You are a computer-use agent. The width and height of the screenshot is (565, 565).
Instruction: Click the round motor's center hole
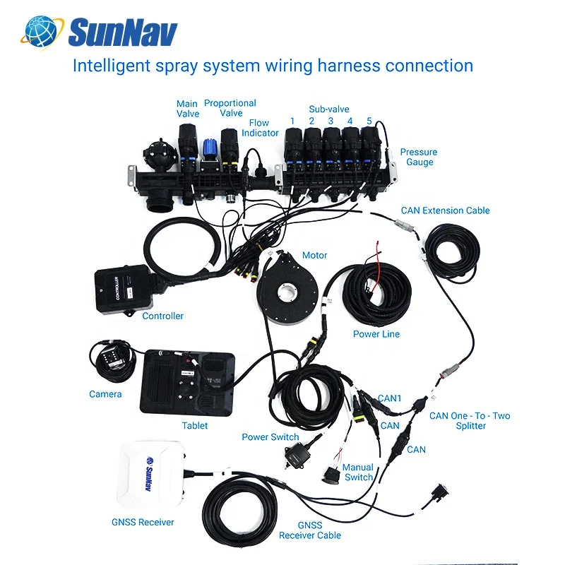(x=287, y=292)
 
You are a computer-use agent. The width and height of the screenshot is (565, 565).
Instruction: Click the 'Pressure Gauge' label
(x=419, y=157)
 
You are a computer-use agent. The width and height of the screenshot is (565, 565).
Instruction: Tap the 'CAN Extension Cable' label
(x=446, y=210)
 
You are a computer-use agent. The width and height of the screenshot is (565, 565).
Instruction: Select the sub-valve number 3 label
(x=331, y=121)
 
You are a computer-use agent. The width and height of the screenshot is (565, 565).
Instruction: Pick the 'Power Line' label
(x=376, y=334)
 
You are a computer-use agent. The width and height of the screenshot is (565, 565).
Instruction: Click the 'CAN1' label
(x=390, y=398)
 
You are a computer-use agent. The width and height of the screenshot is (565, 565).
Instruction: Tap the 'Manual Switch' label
(x=358, y=472)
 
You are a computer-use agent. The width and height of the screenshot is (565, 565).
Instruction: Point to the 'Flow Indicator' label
(x=260, y=128)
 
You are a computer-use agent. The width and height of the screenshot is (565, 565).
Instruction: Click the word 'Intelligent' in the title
(x=112, y=66)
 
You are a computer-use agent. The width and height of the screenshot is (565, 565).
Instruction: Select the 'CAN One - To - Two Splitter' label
(x=470, y=420)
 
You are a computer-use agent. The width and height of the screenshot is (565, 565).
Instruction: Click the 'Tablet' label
(x=195, y=426)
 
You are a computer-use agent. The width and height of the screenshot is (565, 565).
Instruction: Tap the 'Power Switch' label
(x=270, y=436)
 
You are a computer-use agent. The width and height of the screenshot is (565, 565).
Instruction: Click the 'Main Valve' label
(x=187, y=109)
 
